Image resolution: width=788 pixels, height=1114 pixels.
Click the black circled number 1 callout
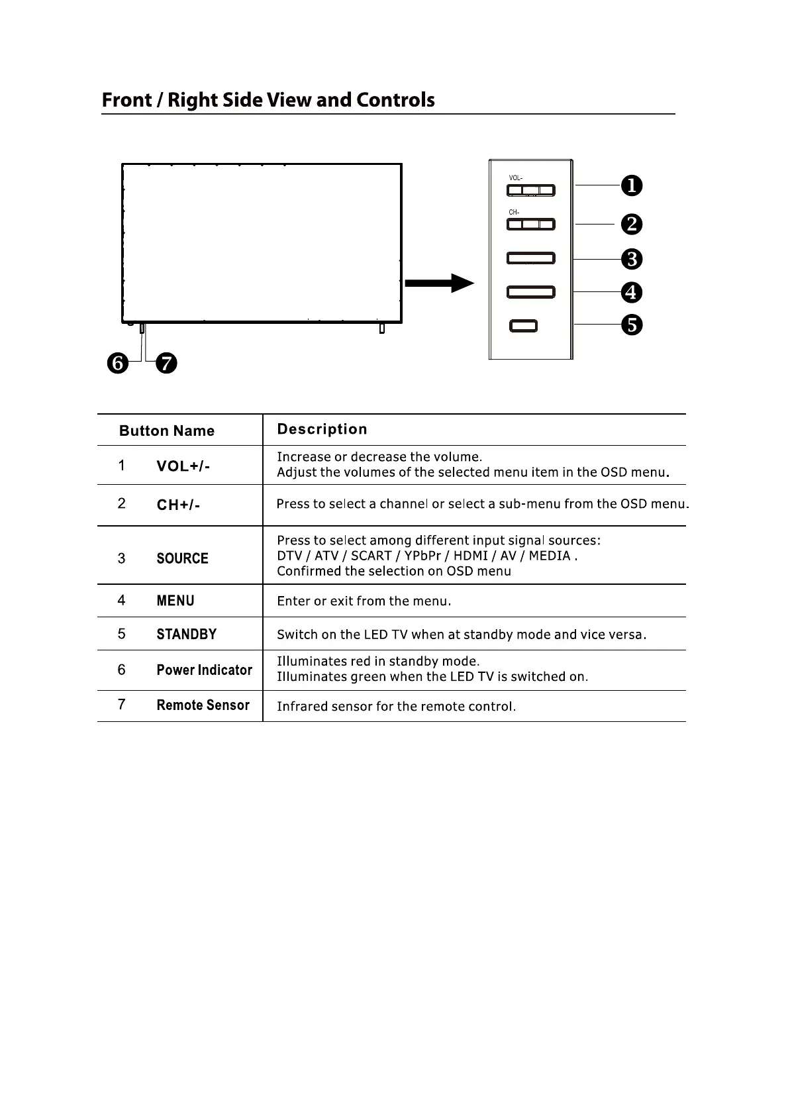point(631,185)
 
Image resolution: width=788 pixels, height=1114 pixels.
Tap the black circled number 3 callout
point(631,259)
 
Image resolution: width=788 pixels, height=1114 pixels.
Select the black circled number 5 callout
point(631,325)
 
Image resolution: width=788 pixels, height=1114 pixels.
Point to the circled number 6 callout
point(119,363)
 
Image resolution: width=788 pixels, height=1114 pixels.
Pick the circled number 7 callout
point(166,363)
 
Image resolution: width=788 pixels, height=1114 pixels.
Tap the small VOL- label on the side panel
point(515,178)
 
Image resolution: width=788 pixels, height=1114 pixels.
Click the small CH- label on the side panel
point(514,212)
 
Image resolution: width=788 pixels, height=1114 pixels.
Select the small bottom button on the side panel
point(523,326)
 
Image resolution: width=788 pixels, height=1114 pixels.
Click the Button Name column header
point(167,431)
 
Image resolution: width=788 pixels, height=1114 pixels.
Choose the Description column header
point(322,429)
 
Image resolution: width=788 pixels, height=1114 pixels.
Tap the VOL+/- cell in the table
point(183,466)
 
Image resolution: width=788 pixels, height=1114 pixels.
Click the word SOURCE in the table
point(183,558)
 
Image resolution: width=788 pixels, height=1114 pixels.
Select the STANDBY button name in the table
point(187,634)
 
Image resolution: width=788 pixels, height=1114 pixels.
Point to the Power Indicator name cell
point(204,670)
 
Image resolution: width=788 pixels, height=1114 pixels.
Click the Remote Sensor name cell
point(203,705)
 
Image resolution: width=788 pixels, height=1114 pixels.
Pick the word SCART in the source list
point(371,556)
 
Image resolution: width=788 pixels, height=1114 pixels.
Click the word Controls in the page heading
point(395,100)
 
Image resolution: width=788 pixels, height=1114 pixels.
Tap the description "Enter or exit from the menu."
point(364,601)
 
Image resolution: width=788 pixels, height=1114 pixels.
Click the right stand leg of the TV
point(381,329)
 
